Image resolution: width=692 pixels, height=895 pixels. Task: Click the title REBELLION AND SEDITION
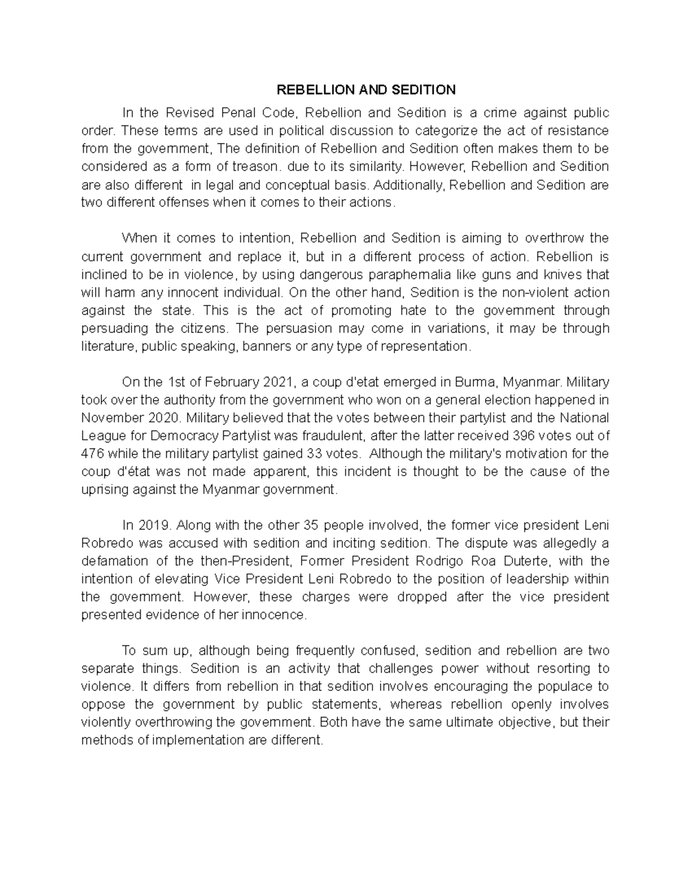click(366, 90)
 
